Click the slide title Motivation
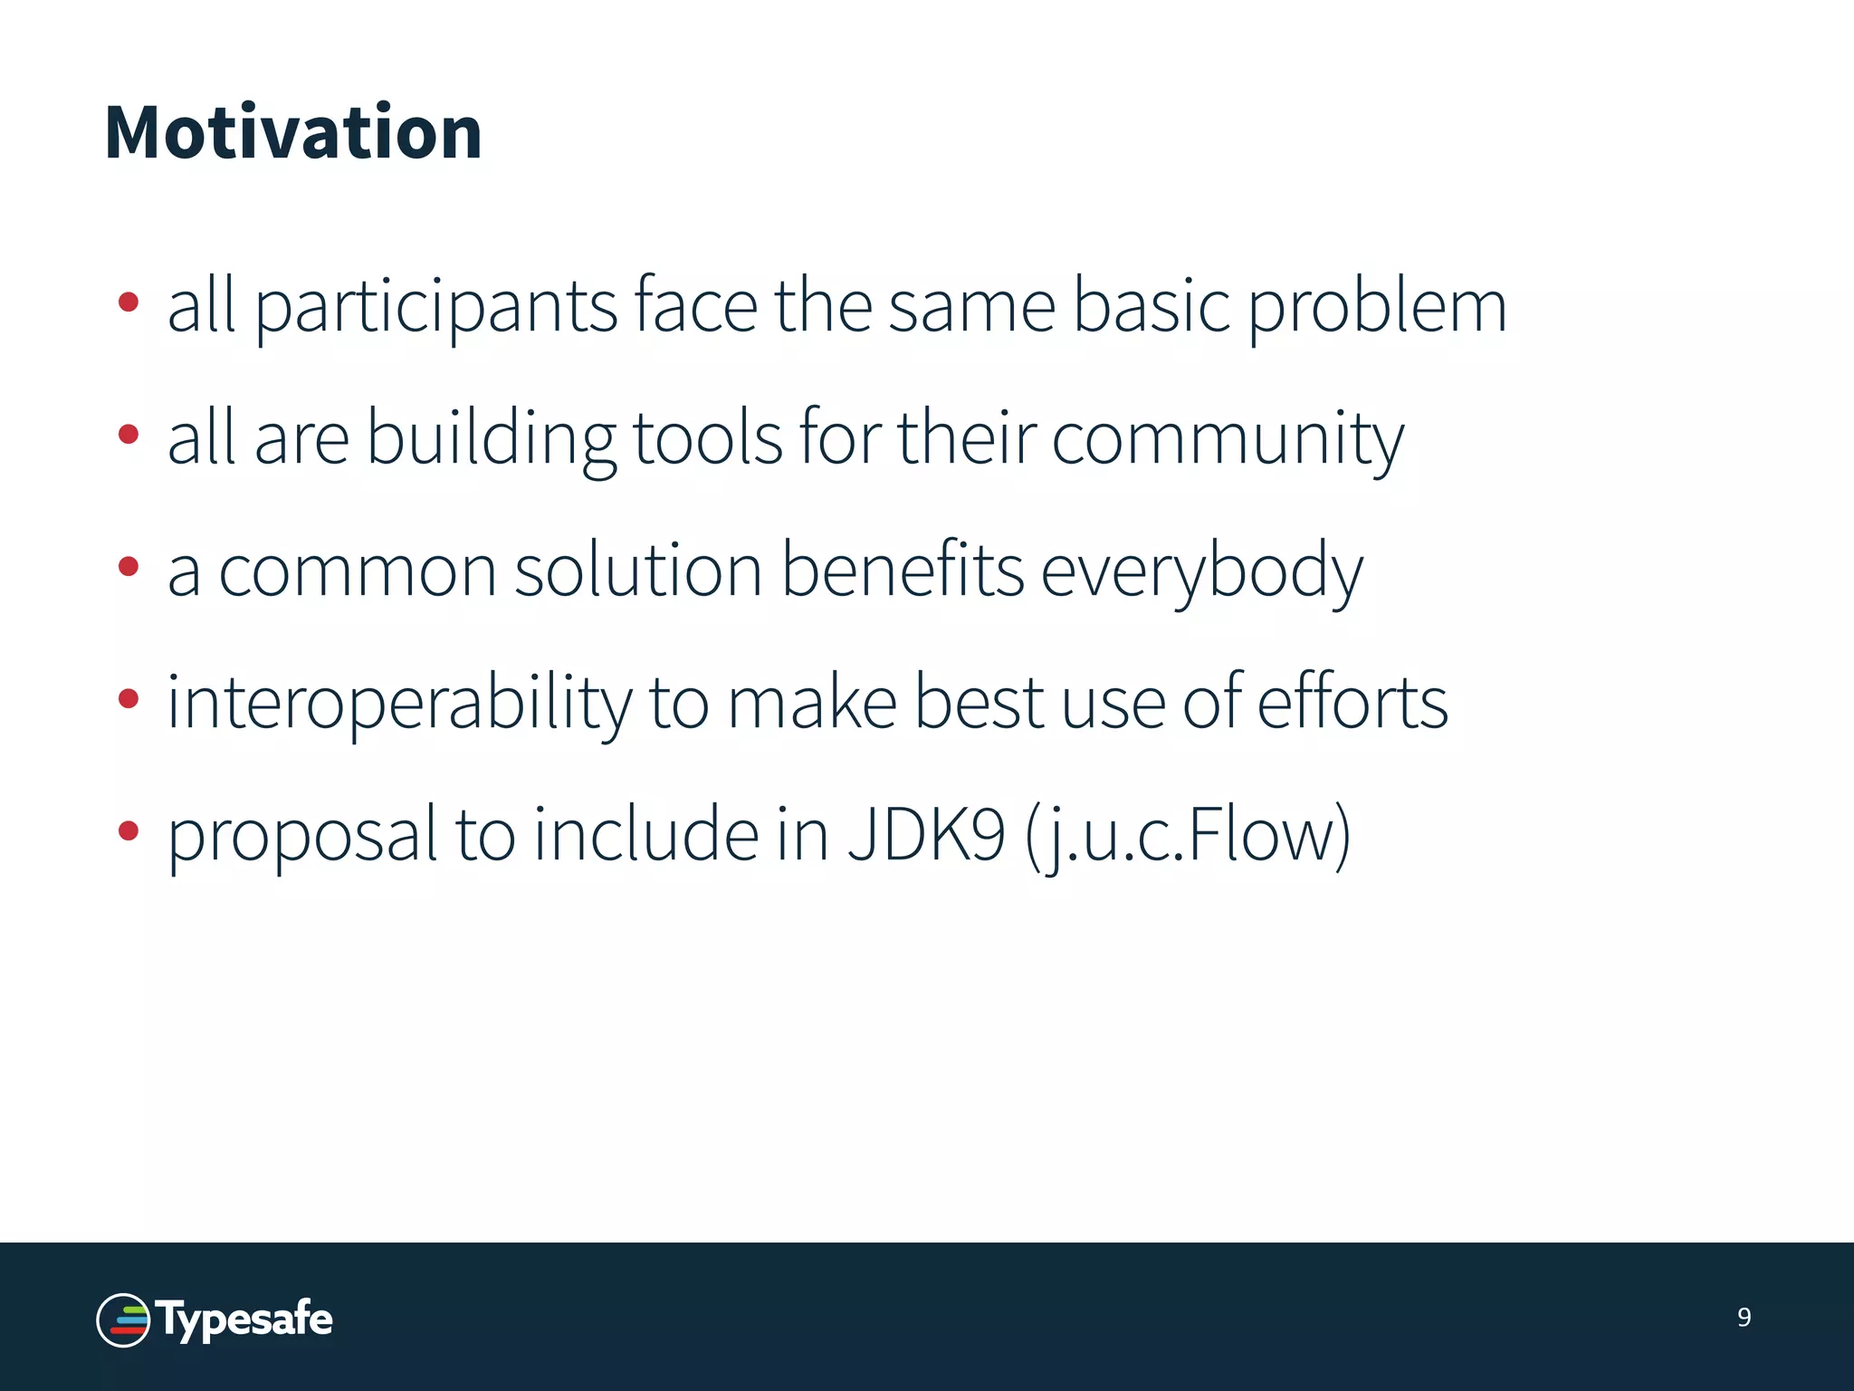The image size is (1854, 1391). (293, 133)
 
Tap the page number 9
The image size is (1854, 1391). (1744, 1318)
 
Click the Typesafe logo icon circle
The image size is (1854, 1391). (123, 1320)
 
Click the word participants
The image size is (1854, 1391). (435, 308)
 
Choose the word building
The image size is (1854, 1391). (491, 440)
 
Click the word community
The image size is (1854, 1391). (1227, 440)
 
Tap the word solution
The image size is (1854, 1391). (638, 571)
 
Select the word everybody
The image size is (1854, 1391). (1201, 571)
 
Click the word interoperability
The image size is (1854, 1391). (399, 704)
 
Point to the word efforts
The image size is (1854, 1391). (1352, 704)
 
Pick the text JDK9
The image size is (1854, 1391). (925, 834)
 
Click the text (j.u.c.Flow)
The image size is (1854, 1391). (1188, 836)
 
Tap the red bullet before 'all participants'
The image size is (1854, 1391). (129, 302)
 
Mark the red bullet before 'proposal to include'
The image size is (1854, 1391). (129, 830)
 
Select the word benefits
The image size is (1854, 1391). (903, 570)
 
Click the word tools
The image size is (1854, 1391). (706, 438)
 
